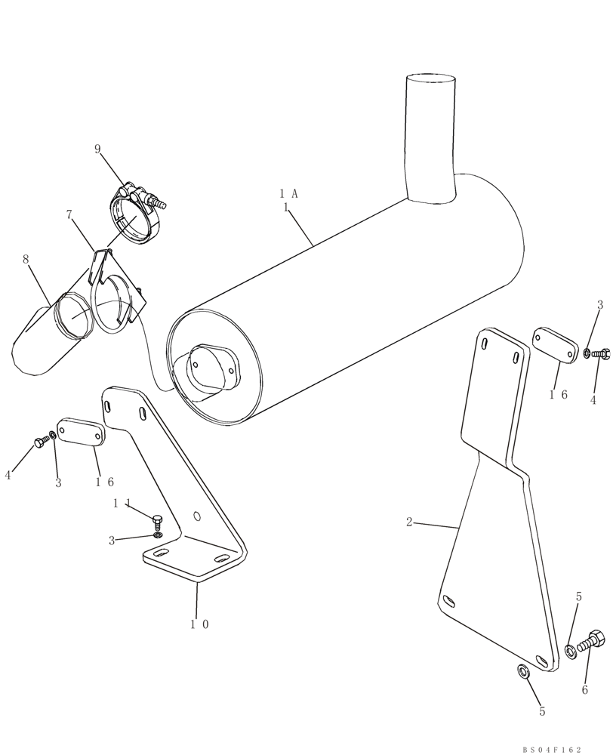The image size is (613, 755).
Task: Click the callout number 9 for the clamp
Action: (97, 149)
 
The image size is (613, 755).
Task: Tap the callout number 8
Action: (26, 259)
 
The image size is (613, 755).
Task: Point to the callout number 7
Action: (69, 215)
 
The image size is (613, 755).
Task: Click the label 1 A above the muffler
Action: (288, 193)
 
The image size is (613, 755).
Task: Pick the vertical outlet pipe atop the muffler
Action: (431, 136)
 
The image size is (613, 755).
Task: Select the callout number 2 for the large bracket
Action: (409, 522)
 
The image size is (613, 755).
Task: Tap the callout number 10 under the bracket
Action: (198, 624)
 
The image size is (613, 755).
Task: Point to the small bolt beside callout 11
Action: (158, 520)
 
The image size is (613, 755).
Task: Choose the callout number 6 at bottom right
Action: (584, 689)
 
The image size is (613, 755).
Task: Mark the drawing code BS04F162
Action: (552, 749)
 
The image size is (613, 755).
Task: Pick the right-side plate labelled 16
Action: (553, 343)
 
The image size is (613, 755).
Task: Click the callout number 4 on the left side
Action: (8, 475)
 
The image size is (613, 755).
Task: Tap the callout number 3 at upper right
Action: (600, 305)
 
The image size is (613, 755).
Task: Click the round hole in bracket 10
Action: (197, 517)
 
